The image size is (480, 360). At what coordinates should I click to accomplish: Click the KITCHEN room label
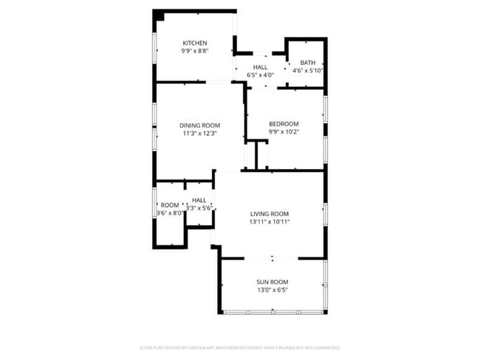195,43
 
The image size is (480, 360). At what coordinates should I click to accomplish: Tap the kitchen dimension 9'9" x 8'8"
195,51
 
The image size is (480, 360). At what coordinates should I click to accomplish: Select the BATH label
308,63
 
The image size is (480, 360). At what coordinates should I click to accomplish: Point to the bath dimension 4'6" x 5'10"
308,71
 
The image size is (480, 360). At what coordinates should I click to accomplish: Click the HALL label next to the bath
260,66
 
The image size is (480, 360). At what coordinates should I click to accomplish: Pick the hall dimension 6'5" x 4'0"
260,75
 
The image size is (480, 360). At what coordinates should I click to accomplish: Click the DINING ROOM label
200,125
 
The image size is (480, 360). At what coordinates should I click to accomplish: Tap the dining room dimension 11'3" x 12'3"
200,134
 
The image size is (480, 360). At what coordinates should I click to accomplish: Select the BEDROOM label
284,123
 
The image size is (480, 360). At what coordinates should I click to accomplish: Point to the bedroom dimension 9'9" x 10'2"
284,131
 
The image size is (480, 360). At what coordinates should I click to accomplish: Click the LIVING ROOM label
270,213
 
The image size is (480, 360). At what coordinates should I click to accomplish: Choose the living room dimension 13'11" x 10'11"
270,221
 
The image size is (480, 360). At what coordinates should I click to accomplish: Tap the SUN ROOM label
272,282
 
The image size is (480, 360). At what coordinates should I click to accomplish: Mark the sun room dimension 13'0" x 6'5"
272,290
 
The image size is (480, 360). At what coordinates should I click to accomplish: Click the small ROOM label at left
170,204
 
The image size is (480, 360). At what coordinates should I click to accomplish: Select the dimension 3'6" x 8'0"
170,212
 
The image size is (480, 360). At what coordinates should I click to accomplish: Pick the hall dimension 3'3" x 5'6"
199,208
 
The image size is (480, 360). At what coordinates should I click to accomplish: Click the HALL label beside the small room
199,200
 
